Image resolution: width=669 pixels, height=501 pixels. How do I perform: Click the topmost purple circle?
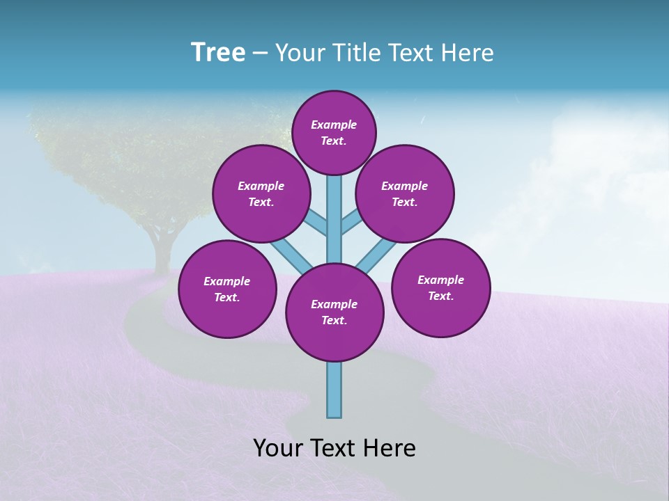coord(334,132)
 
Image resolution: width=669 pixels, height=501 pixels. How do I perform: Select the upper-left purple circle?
coord(261,193)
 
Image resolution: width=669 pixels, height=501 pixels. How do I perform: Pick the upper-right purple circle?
coord(405,193)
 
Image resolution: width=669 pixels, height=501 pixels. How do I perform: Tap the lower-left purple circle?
coord(227,289)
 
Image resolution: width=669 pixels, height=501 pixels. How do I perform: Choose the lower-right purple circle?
coord(440,287)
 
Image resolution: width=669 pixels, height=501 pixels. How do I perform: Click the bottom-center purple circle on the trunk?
coord(334,312)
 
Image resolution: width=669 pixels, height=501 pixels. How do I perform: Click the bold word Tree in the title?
coord(218,52)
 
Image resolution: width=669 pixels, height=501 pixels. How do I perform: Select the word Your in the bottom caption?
coord(278,447)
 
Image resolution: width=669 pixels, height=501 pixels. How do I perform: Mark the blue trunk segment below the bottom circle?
coord(334,390)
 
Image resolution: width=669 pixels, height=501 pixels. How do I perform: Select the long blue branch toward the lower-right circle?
coord(376,255)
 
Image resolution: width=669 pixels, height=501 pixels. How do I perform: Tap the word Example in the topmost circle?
coord(334,125)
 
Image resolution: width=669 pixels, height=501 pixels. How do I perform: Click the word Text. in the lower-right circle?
coord(440,296)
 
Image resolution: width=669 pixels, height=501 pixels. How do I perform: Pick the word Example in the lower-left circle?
coord(227,281)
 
